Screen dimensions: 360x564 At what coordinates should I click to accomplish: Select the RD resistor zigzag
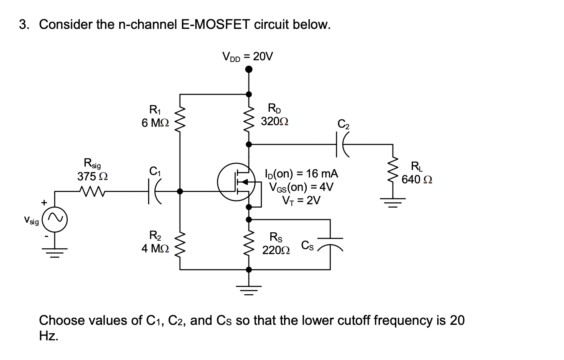(249, 119)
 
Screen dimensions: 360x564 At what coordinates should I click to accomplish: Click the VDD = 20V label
(247, 56)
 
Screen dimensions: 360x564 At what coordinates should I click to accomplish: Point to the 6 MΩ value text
(155, 123)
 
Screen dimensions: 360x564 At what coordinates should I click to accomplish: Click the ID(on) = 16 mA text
(301, 173)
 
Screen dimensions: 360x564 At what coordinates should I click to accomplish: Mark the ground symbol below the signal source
(56, 252)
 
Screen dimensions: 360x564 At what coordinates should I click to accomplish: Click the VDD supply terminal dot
(249, 69)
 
